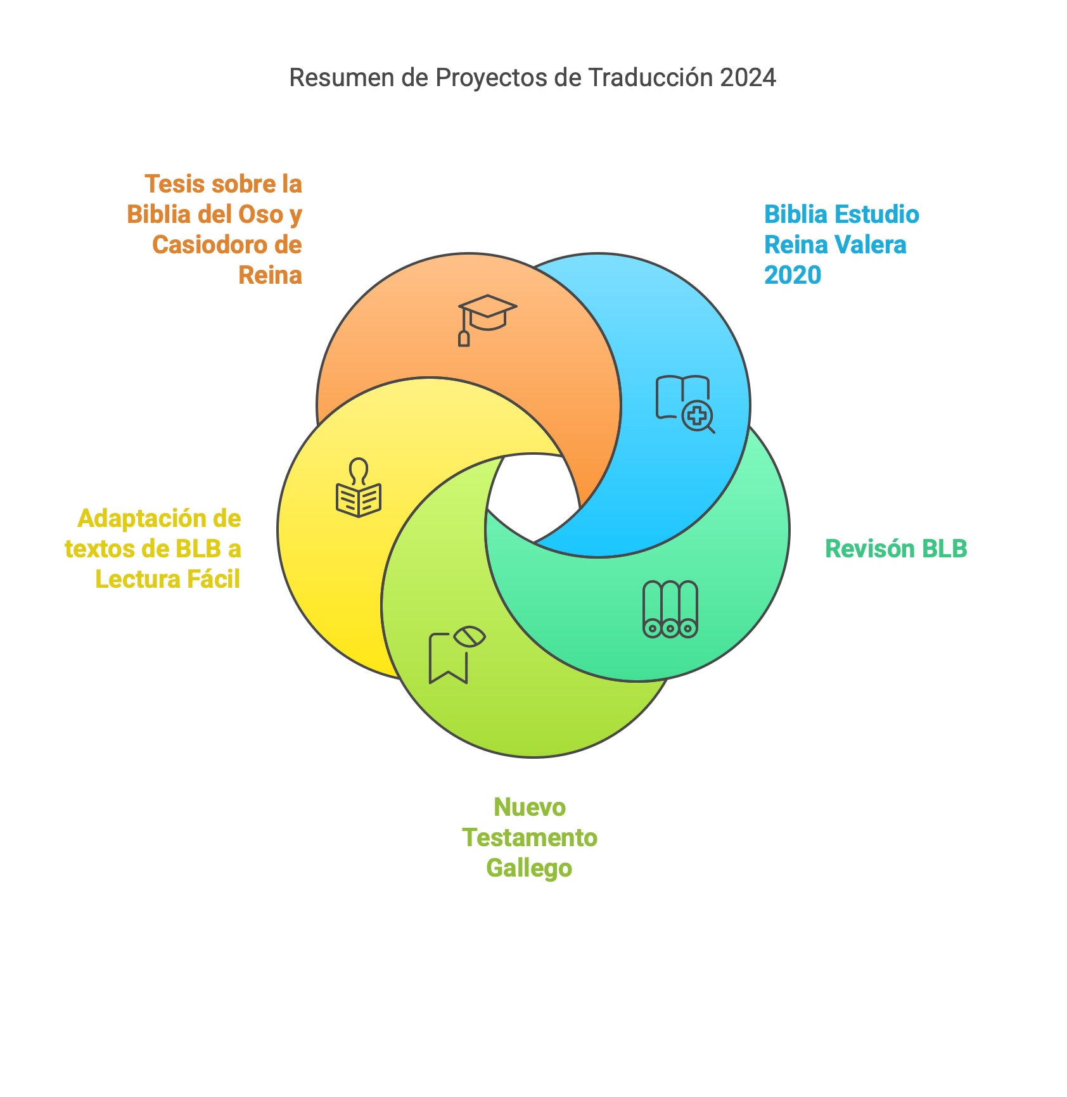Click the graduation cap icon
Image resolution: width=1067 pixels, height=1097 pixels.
coord(487,320)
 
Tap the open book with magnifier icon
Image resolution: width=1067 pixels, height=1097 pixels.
coord(685,404)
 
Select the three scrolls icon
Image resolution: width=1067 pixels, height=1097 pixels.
coord(670,609)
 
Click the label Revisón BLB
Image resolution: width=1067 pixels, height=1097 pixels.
coord(896,548)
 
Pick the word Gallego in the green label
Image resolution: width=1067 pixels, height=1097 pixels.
coord(529,868)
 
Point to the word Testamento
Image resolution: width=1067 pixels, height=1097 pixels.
coord(530,837)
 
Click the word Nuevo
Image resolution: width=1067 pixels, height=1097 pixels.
coord(530,808)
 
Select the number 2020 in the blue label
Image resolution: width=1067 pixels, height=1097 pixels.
coord(792,275)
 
